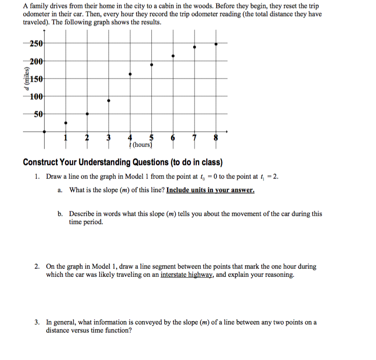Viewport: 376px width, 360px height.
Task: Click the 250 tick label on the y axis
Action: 36,44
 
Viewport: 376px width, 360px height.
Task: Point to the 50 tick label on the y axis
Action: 38,114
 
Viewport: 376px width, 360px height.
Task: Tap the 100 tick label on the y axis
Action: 36,96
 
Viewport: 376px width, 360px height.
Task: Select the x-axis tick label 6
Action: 173,138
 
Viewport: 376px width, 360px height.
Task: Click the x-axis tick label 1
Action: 66,138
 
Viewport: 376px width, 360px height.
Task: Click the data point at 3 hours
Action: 109,101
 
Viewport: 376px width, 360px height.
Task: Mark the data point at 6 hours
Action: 173,56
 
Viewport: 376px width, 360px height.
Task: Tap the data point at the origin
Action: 44,131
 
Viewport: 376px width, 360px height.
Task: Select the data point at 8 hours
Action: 216,44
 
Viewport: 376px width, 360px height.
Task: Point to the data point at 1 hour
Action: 66,122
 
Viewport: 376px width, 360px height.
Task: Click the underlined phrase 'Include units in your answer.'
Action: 210,190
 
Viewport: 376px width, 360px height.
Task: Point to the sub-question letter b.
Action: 60,214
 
